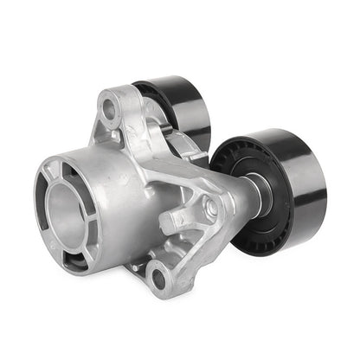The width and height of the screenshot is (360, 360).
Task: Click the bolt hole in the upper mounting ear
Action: (110, 109)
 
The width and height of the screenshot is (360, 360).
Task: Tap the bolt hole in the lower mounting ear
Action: (157, 279)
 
